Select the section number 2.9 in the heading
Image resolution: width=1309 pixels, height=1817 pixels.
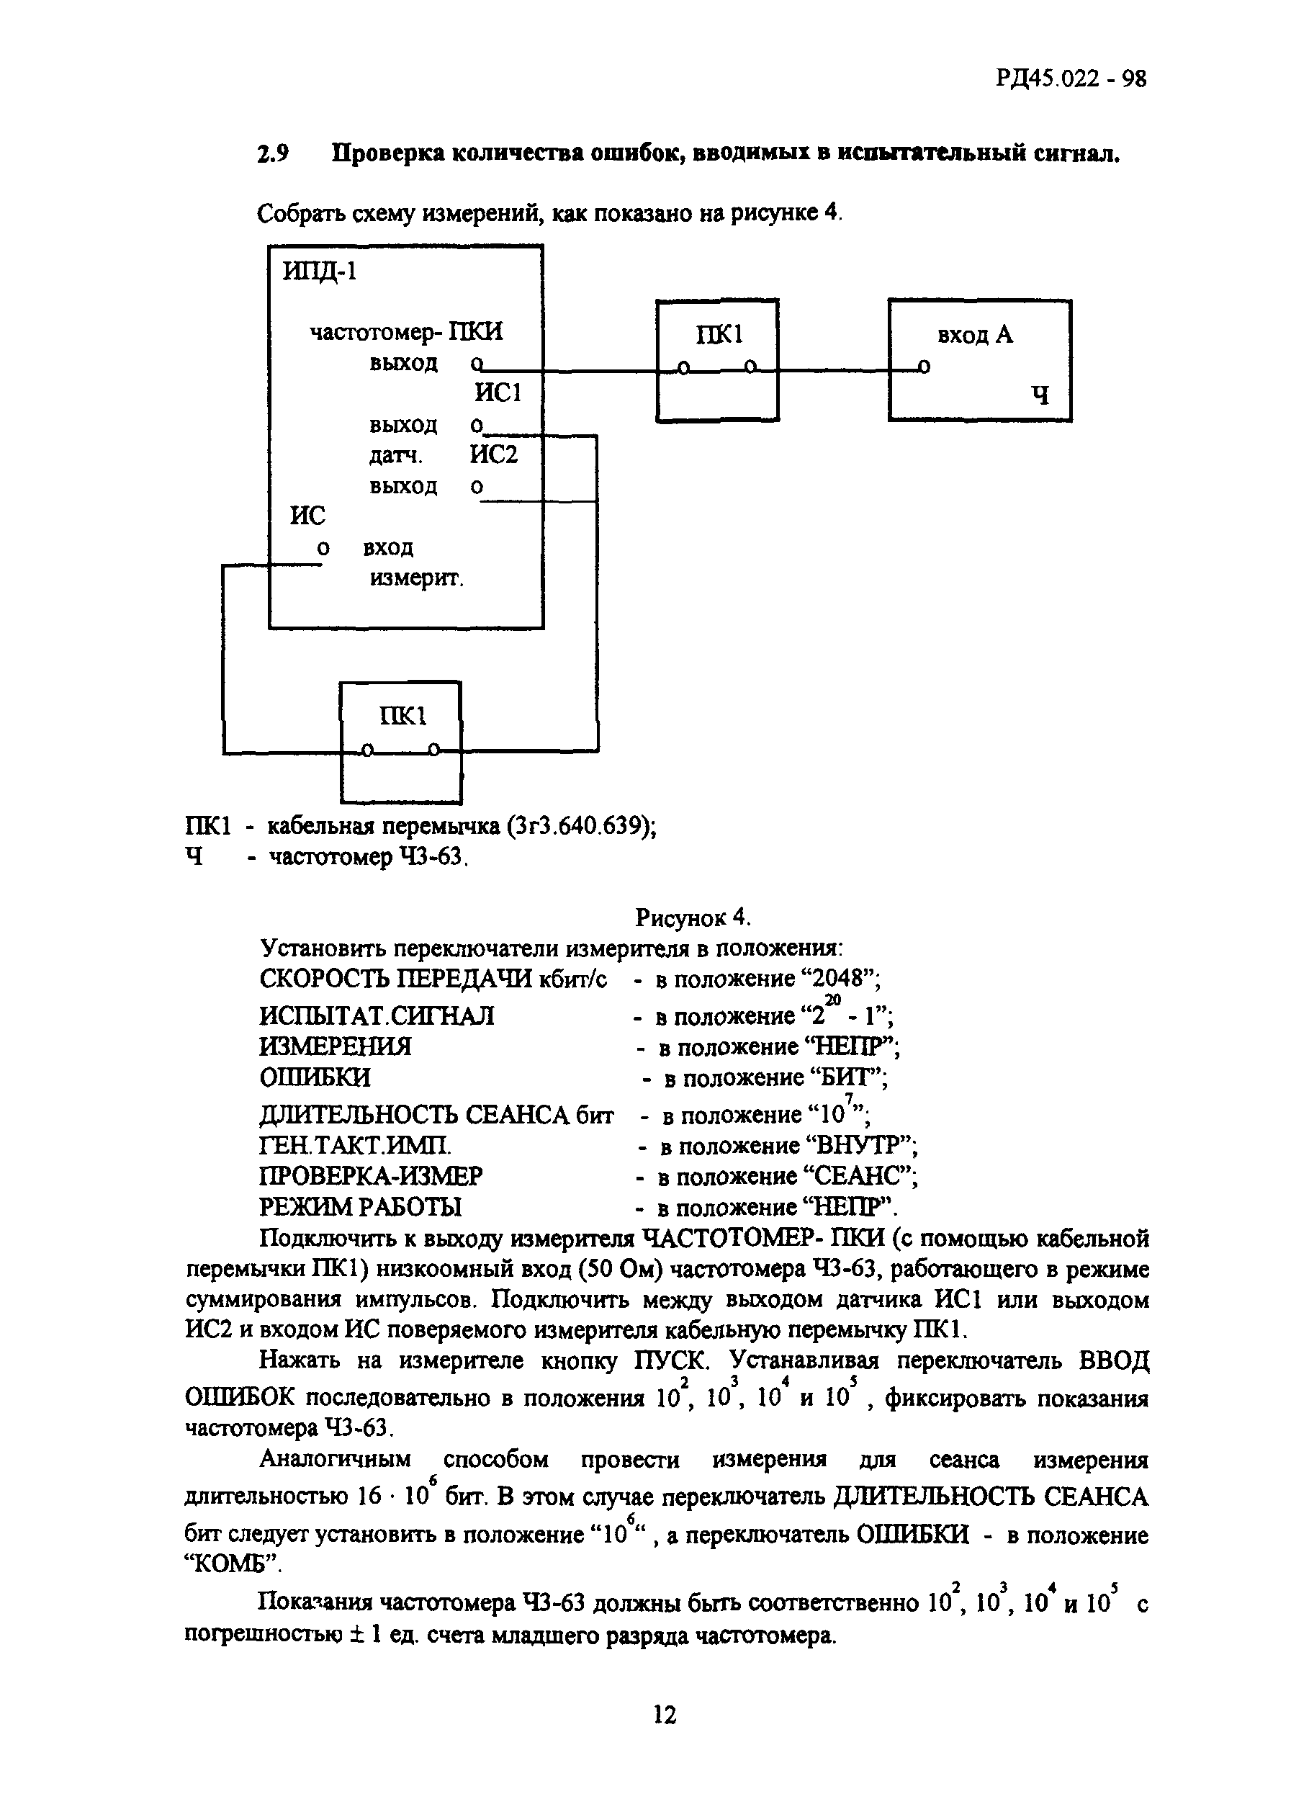[x=272, y=153]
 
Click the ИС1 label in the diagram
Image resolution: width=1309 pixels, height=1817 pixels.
[x=498, y=392]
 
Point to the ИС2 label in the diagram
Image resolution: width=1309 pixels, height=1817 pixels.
[x=493, y=454]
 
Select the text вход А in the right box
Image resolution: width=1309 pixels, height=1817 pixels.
[x=975, y=334]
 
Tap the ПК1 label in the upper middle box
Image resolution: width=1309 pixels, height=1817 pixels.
[x=719, y=334]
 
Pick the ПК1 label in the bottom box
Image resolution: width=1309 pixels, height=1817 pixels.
[x=403, y=715]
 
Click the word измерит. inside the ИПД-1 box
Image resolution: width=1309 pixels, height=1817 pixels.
[x=417, y=578]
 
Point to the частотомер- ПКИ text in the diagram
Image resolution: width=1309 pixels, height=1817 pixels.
[x=406, y=332]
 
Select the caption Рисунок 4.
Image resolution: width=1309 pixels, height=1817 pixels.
[x=693, y=917]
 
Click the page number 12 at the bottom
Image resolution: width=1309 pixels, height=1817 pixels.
[x=665, y=1715]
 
